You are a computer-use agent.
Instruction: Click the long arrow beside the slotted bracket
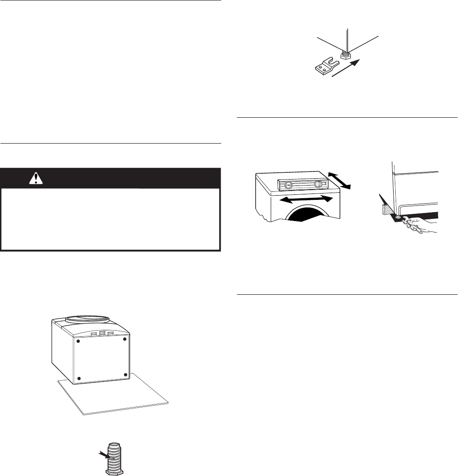click(x=347, y=67)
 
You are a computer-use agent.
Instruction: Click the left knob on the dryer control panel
click(x=288, y=185)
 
